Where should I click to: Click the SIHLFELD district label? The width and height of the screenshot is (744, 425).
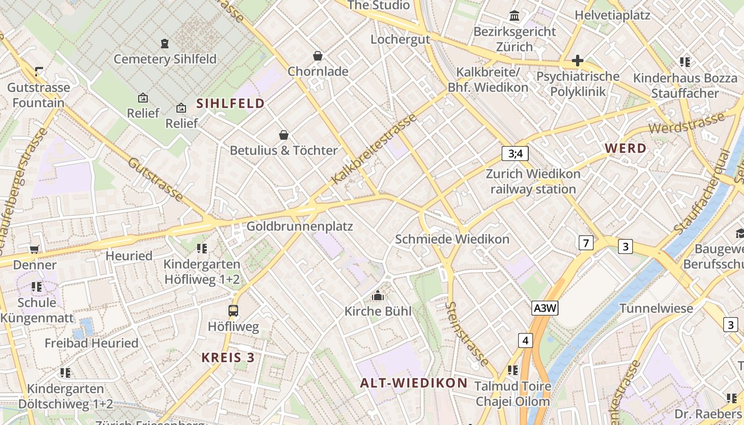[231, 104]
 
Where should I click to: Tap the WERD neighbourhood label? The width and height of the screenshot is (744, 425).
[626, 149]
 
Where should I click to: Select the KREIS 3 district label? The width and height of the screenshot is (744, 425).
[228, 358]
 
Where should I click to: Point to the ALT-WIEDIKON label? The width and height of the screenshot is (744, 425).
[414, 383]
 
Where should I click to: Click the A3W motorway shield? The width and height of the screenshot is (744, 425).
[545, 308]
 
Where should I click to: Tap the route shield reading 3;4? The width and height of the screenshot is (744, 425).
[515, 154]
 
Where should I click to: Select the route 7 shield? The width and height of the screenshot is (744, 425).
[586, 243]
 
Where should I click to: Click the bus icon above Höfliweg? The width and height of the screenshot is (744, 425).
[233, 311]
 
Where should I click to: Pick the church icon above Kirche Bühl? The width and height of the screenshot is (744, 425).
[378, 295]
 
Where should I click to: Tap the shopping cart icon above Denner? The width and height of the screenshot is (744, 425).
[35, 249]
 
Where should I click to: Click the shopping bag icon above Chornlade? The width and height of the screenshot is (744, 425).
[318, 56]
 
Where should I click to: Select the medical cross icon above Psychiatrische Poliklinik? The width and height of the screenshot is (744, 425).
[578, 61]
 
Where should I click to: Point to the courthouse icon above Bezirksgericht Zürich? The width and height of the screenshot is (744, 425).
[514, 16]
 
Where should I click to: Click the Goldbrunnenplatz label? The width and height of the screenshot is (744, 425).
[300, 226]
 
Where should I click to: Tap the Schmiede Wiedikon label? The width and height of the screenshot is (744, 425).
[452, 239]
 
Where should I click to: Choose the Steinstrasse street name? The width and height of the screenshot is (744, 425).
[468, 334]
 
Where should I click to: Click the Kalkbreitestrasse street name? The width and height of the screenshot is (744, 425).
[374, 149]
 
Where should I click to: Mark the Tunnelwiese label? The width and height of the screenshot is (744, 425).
[656, 308]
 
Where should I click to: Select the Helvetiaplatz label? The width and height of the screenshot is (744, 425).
[612, 15]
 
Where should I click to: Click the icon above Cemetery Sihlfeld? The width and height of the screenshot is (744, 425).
[165, 43]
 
